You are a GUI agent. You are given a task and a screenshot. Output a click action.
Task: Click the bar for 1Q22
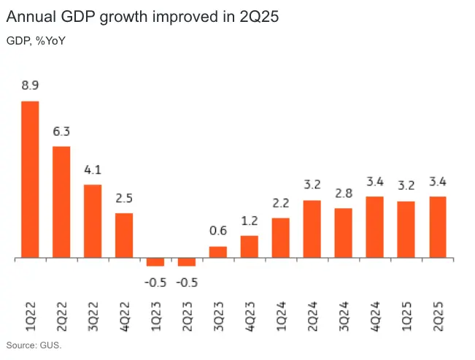(x=30, y=180)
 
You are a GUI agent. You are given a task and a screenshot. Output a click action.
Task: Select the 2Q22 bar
(x=61, y=202)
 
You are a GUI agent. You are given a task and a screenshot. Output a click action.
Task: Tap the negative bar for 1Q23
(x=155, y=262)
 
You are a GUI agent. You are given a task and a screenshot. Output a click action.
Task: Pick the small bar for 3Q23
(x=218, y=253)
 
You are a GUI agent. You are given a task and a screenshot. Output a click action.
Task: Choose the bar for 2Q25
(x=438, y=227)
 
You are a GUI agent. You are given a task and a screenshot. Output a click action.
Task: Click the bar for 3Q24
(x=344, y=233)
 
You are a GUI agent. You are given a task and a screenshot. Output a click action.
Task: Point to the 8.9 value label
(x=30, y=85)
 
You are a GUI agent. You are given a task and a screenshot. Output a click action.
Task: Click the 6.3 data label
(x=61, y=131)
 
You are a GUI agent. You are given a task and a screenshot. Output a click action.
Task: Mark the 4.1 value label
(x=93, y=170)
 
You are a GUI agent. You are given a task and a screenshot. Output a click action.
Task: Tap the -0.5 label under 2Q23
(x=187, y=282)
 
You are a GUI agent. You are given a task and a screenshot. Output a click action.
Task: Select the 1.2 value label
(x=250, y=221)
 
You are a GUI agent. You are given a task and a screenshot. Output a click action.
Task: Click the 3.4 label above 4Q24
(x=375, y=182)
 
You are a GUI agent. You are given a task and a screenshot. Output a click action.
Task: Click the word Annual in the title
(x=32, y=15)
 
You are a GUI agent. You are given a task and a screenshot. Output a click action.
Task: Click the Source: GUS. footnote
(x=34, y=345)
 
